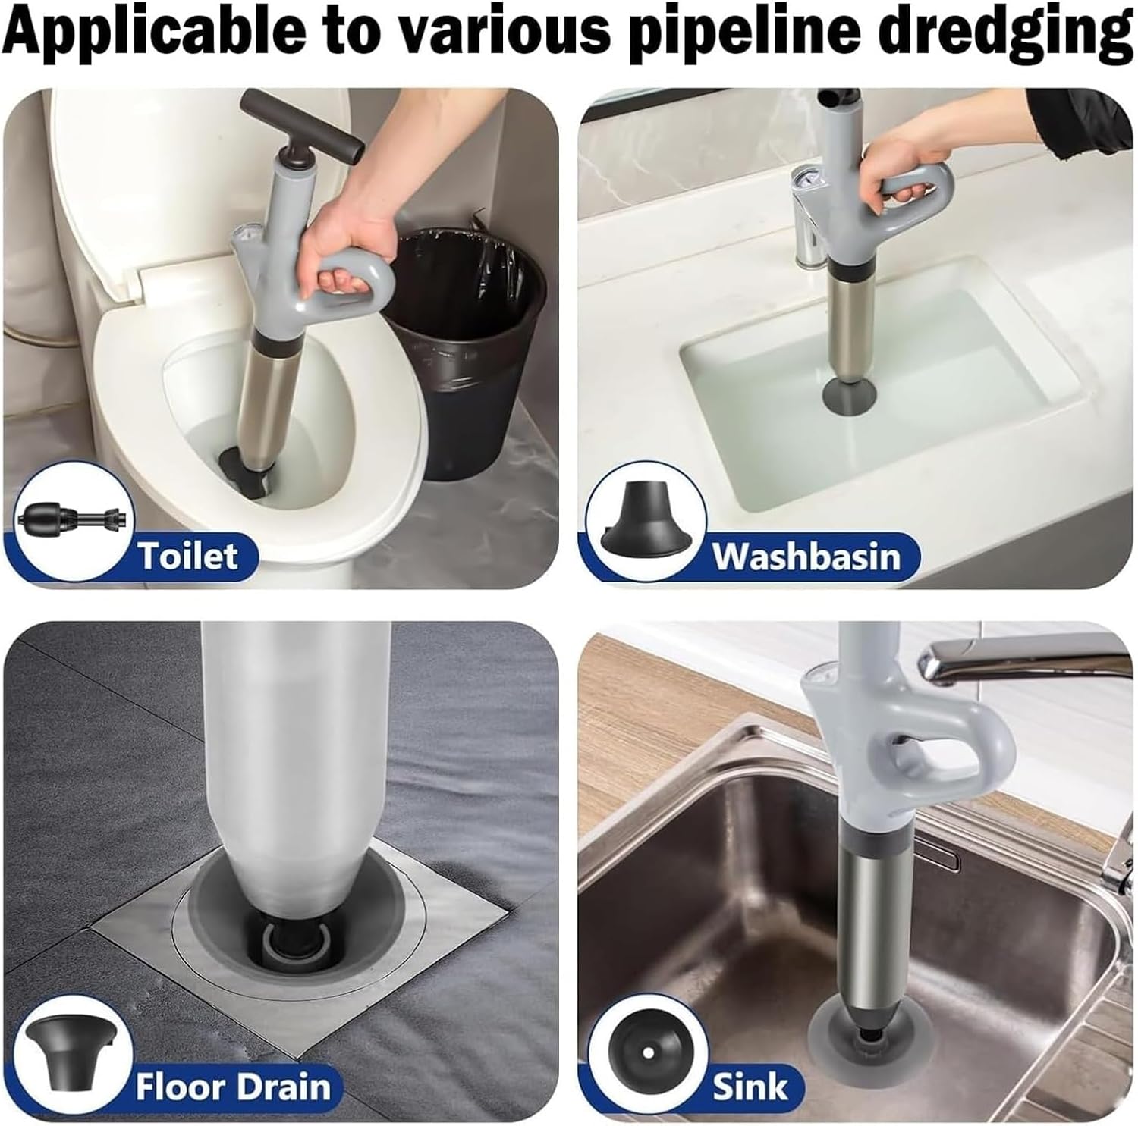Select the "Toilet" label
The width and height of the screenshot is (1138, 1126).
pos(187,556)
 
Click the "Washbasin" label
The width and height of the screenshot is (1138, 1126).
pos(805,556)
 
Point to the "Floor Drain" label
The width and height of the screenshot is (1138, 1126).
pos(233,1087)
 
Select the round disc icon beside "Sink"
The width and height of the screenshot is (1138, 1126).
pos(646,1053)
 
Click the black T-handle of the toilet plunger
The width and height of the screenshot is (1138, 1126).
pos(300,127)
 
